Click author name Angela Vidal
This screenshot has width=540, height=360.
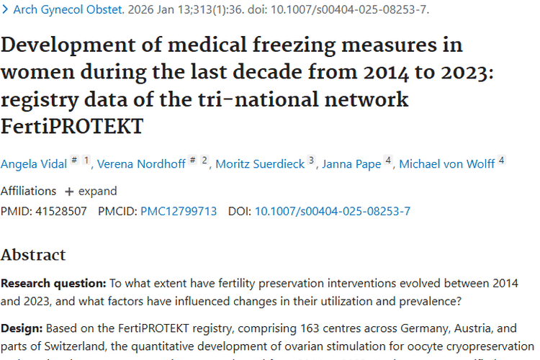(x=33, y=164)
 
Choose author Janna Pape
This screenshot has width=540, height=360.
(x=351, y=164)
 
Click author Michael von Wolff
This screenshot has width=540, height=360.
(x=446, y=164)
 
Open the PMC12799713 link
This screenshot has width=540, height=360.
(x=179, y=211)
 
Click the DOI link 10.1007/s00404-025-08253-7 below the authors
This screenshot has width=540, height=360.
(x=332, y=211)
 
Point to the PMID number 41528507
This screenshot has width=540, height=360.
(x=60, y=211)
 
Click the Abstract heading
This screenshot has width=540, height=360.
(x=33, y=254)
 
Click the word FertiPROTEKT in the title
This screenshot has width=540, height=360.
(x=71, y=127)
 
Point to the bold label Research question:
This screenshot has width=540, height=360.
(x=53, y=283)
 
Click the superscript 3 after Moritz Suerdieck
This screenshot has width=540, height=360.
(x=312, y=161)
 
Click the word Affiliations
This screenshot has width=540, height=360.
(x=28, y=192)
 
